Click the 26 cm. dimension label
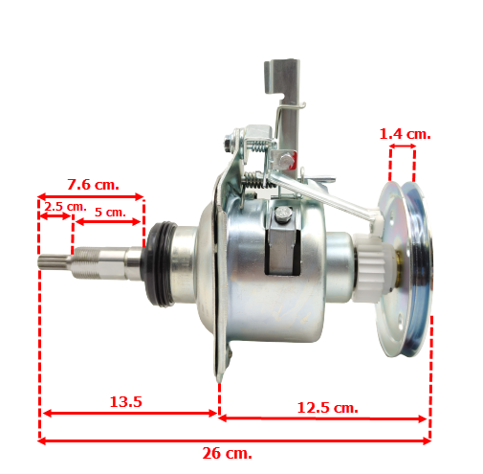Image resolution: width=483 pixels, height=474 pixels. click(227, 453)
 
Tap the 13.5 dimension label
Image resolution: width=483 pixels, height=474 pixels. click(125, 401)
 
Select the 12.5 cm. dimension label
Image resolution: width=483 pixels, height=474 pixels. click(327, 408)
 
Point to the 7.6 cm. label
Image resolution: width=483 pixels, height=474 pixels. click(93, 185)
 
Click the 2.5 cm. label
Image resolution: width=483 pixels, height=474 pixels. click(65, 206)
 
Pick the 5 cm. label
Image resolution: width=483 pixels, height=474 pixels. click(110, 212)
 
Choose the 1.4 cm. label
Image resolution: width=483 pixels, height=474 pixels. click(405, 134)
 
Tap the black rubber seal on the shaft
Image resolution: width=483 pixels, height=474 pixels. click(160, 263)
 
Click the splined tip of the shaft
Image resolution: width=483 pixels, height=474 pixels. click(54, 262)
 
